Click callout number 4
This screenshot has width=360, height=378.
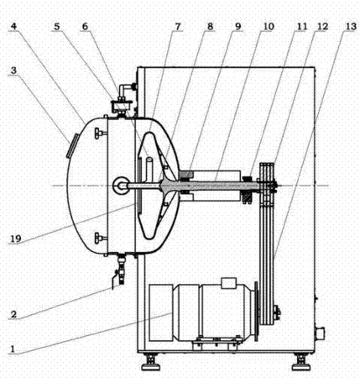[x=13, y=27]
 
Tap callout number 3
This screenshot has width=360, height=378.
[x=13, y=71]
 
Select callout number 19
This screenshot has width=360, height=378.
[x=16, y=239]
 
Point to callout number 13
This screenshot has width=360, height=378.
[x=351, y=27]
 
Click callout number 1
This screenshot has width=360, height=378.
[x=13, y=349]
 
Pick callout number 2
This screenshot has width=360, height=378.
[x=13, y=314]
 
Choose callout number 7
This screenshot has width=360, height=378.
[x=178, y=27]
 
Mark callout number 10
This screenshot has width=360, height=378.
[x=268, y=27]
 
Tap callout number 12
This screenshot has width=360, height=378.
[x=322, y=27]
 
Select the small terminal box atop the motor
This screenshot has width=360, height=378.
[x=229, y=283]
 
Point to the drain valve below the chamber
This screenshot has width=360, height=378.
[x=121, y=269]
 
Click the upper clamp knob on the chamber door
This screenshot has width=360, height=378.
[x=100, y=133]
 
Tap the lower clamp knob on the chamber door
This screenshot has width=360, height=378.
[x=100, y=238]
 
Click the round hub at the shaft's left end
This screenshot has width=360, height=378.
[x=121, y=186]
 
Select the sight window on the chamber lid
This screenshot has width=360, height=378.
[x=71, y=145]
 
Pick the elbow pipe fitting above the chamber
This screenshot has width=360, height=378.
[x=125, y=91]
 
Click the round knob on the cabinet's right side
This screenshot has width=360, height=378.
[x=320, y=333]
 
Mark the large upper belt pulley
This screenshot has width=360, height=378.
[x=266, y=186]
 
